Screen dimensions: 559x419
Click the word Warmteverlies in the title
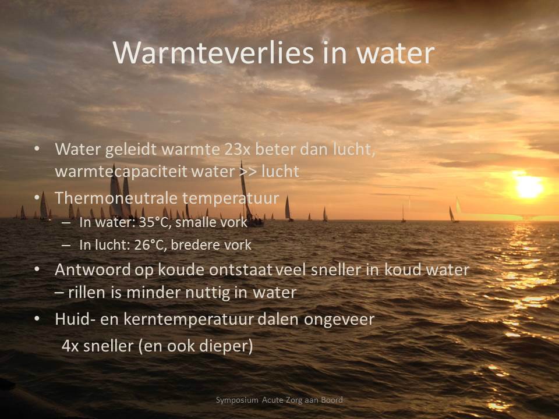213,53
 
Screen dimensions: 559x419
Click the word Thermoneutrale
116,198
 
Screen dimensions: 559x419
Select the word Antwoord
93,269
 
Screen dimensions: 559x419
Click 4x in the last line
70,346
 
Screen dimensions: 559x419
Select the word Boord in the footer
332,400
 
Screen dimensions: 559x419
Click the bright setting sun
529,187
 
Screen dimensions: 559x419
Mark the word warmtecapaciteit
121,172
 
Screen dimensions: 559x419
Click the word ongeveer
339,320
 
